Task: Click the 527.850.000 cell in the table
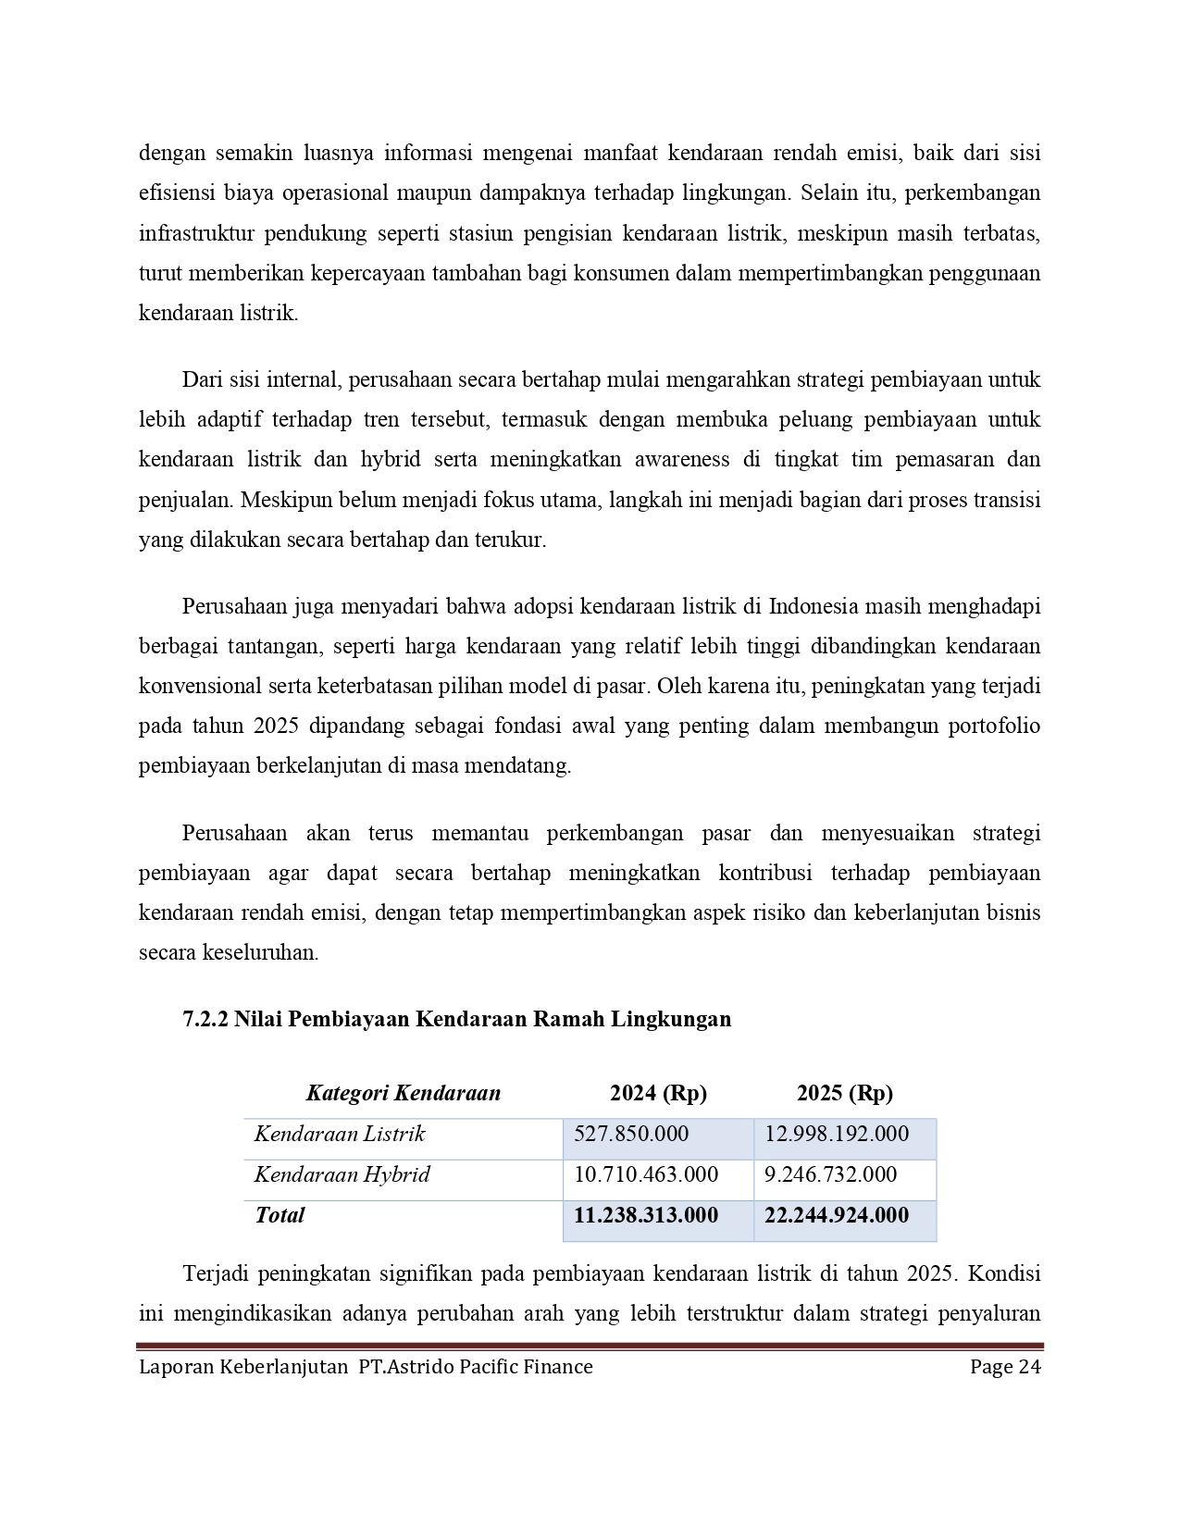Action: tap(630, 1134)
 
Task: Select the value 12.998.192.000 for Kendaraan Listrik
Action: tap(836, 1134)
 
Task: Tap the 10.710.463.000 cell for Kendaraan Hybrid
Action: tap(645, 1174)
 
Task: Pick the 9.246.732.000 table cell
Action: tap(830, 1174)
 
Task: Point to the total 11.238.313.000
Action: tap(645, 1215)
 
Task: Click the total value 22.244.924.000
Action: tap(836, 1215)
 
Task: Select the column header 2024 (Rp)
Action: tap(658, 1093)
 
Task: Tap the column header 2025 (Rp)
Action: tap(844, 1093)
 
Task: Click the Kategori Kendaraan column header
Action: tap(403, 1093)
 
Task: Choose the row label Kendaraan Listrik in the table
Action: tap(340, 1134)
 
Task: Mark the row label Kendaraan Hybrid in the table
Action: tap(342, 1174)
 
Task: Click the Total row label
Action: tap(279, 1215)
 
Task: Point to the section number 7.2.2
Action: tap(205, 1019)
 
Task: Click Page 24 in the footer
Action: tap(1005, 1367)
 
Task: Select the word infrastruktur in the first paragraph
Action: tap(194, 233)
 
